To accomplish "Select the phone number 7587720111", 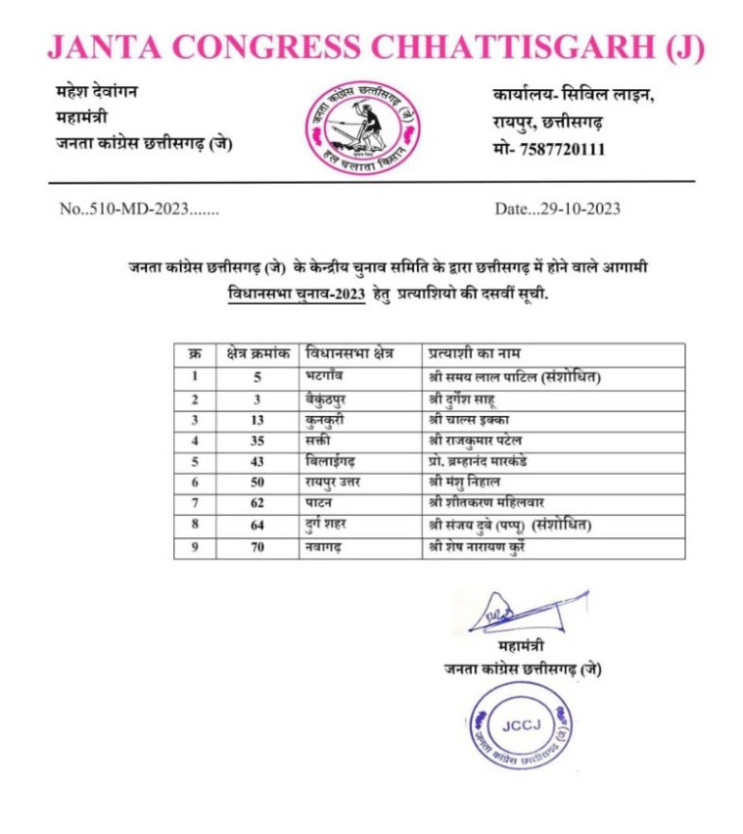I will tap(560, 149).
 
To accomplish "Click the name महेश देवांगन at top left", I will tap(97, 93).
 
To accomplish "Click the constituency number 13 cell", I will tap(256, 419).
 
